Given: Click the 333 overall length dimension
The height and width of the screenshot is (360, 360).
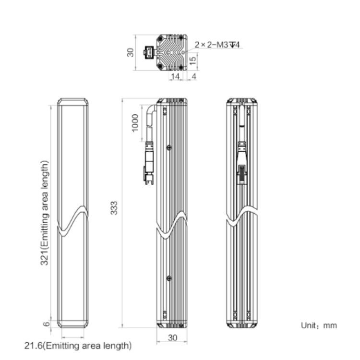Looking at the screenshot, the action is point(114,208).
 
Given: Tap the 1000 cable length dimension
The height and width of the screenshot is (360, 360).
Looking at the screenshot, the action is point(135,123).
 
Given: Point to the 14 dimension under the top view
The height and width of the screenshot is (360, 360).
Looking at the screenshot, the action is point(175,76).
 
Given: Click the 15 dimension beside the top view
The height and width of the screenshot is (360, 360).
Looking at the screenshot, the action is point(193,60).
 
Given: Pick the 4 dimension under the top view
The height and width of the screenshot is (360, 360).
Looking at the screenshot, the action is point(194,76).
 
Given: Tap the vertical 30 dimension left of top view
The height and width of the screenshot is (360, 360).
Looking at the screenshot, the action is point(130,52).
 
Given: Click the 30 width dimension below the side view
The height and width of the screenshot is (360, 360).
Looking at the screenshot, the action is point(173,338).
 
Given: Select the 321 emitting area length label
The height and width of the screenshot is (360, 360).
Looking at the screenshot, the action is point(45,213).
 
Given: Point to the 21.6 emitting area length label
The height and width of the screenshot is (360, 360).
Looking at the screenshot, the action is point(78,346).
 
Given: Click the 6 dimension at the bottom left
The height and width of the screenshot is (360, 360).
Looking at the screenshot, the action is point(47,324).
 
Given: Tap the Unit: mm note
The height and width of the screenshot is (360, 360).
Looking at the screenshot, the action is point(319,325).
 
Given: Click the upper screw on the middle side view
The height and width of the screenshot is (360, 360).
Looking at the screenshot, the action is point(169,148).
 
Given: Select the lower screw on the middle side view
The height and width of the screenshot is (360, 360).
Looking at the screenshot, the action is point(169,278).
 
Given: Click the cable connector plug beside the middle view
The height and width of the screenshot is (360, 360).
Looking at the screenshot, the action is point(149,164).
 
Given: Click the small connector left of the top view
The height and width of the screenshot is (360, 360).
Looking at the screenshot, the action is point(148,52).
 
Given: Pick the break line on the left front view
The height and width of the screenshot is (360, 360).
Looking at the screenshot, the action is point(73,221).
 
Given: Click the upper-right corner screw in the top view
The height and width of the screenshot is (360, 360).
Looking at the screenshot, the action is point(181,37).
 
